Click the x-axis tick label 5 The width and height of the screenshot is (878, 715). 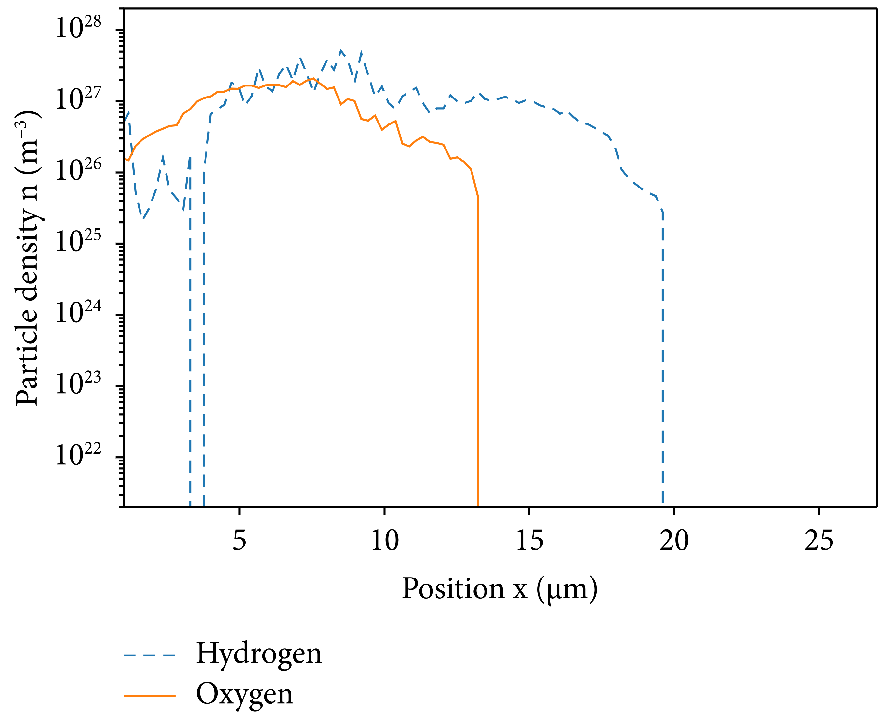click(239, 540)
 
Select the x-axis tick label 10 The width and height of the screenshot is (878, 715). click(384, 540)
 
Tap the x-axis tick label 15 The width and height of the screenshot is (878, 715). click(529, 540)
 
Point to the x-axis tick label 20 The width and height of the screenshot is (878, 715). click(674, 540)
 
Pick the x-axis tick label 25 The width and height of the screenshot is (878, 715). click(819, 540)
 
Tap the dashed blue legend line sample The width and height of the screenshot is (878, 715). click(150, 655)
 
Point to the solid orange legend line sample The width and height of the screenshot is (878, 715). click(150, 695)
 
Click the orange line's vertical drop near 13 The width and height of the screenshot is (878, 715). click(477, 350)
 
